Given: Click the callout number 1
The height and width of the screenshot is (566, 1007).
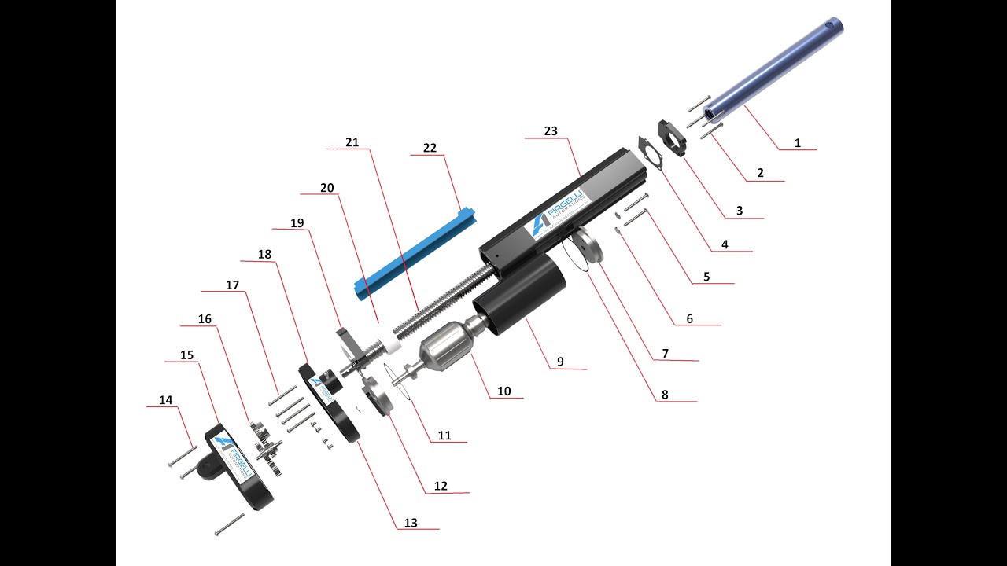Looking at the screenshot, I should tap(797, 143).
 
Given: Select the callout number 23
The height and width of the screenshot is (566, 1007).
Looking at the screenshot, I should tap(551, 131).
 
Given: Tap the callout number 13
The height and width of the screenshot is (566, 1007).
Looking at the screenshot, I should tap(411, 523).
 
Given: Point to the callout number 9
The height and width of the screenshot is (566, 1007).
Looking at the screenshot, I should tap(560, 362).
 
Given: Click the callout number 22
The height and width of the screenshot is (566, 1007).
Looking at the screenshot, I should tap(430, 149).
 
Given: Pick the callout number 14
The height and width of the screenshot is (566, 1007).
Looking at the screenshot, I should tap(165, 400).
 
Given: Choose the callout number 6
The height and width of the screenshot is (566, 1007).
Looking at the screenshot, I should tap(689, 318).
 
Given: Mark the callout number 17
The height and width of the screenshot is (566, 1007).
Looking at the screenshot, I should tap(232, 285).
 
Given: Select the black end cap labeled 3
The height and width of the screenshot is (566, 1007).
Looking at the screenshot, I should tap(673, 136).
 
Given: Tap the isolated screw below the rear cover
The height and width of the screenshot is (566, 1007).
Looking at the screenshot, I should tap(230, 524).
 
